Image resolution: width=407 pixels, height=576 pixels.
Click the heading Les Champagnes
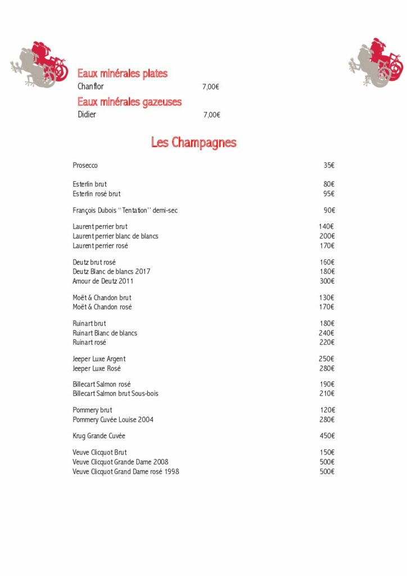click(193, 143)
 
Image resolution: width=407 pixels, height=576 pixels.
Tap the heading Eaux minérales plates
click(123, 74)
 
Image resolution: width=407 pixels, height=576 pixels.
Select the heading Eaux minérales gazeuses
click(130, 102)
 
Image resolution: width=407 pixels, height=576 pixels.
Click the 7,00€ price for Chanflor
click(211, 87)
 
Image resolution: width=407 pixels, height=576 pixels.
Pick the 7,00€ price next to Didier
click(211, 115)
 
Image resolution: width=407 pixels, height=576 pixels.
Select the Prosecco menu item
click(85, 165)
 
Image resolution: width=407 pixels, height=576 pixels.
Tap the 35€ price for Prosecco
click(329, 165)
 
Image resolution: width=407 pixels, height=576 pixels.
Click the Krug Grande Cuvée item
click(99, 436)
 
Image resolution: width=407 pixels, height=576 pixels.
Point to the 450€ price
click(327, 436)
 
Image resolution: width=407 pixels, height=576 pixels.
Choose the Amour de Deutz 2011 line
click(103, 281)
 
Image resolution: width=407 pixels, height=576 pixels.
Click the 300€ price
click(327, 281)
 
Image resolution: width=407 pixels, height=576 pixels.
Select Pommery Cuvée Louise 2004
click(113, 420)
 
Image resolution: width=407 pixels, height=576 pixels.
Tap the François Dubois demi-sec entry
click(125, 210)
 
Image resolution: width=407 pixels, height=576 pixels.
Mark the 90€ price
click(329, 210)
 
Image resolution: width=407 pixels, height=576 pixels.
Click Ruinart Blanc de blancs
click(105, 333)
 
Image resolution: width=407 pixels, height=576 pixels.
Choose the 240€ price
click(327, 333)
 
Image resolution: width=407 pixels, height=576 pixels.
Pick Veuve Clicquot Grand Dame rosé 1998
click(126, 471)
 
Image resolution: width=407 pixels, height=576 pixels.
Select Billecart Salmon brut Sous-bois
click(115, 394)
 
